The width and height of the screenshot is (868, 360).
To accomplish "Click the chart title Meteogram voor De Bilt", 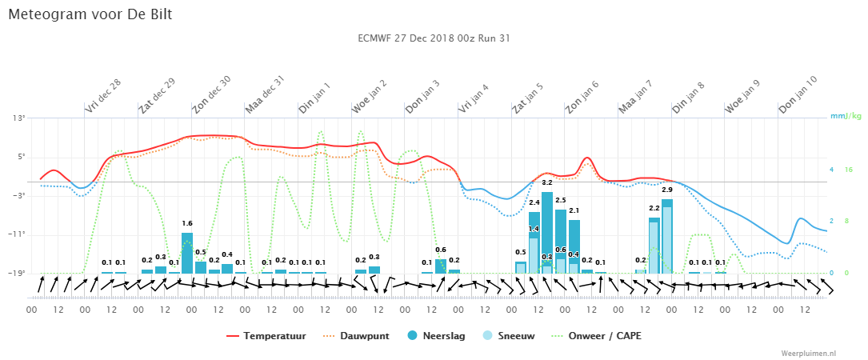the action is coord(90,14).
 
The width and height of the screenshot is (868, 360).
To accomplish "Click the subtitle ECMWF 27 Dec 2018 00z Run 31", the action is coord(434,38).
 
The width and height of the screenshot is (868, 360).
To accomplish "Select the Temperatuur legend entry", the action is coord(266,336).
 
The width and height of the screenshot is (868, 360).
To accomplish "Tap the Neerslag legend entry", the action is coord(436,336).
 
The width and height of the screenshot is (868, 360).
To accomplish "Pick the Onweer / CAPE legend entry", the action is coord(597,336).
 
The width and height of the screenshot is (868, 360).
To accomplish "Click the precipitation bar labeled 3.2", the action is coord(547,233).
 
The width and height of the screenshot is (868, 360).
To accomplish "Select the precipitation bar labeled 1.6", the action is coord(187,253).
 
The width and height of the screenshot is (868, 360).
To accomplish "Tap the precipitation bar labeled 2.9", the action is coord(667,236).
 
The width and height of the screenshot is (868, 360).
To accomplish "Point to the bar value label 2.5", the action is coord(560,200).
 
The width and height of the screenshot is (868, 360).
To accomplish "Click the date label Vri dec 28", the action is coord(103,96).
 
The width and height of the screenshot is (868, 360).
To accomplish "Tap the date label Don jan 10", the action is coord(798,96).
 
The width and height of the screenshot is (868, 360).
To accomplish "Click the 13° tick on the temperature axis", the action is coord(19,118).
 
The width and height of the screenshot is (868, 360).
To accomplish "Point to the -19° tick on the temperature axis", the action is coord(18,273).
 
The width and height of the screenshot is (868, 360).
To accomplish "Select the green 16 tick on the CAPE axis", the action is coord(848,170).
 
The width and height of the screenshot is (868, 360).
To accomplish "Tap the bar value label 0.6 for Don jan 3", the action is coord(441,250).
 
